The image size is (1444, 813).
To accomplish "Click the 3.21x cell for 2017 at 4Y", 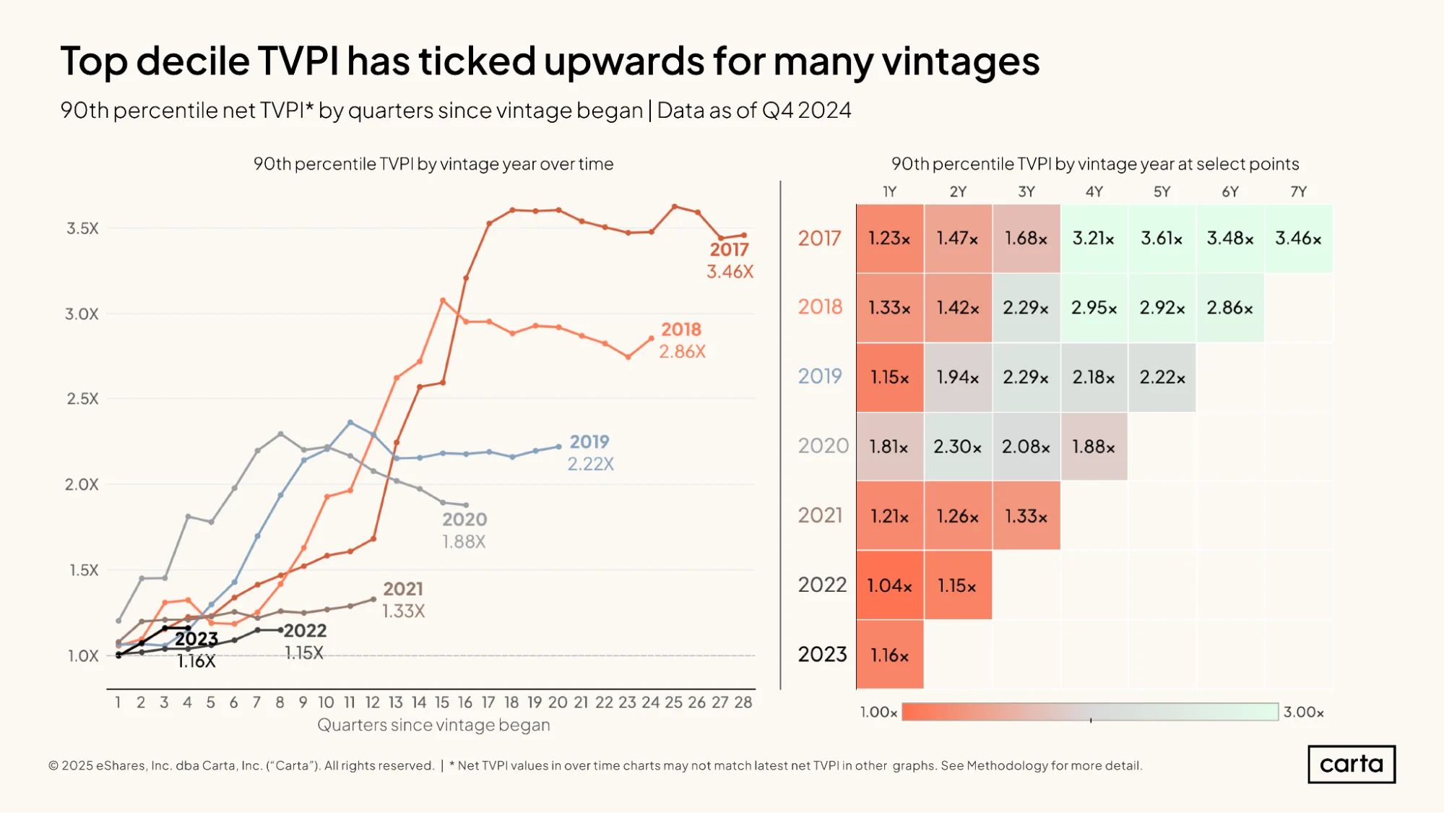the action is point(1094,238).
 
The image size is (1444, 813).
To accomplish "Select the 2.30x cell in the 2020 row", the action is point(958,447).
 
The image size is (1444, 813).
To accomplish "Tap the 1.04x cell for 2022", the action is point(890,585).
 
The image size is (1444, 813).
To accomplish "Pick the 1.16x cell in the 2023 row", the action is point(890,655).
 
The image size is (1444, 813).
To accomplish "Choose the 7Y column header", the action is point(1299,192).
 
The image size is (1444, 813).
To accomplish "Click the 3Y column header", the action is point(1026,192).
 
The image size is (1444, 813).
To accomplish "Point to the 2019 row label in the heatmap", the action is point(820,376).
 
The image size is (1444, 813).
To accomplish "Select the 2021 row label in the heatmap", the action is point(820,515).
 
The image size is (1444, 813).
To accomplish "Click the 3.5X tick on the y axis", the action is point(82,228).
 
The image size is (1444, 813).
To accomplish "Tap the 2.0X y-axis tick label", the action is point(82,484).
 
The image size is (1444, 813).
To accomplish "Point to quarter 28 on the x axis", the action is point(743,702).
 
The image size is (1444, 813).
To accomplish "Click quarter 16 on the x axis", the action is point(465,702).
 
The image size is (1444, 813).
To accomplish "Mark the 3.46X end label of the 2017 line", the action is point(730,272).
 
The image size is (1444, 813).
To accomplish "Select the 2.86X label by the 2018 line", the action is point(683,351).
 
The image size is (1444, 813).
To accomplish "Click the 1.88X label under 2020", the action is point(464,541).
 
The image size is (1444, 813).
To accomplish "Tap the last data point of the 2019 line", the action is point(558,447).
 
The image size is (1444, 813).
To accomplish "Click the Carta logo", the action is point(1352,764).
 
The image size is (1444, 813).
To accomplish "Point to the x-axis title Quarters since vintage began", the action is point(433,725).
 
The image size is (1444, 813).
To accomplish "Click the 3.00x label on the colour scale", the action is point(1304,712).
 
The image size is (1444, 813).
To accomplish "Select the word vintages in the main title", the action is point(961,61).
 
